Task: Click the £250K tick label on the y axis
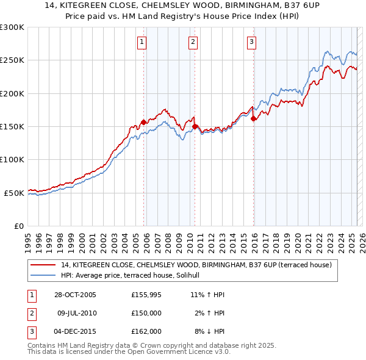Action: click(12, 60)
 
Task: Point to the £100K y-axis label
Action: click(12, 159)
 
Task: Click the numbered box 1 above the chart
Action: click(142, 42)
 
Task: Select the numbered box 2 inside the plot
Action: click(193, 42)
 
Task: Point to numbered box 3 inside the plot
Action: click(251, 42)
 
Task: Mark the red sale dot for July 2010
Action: click(195, 126)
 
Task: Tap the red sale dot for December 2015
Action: click(253, 118)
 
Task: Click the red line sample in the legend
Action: click(43, 265)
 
